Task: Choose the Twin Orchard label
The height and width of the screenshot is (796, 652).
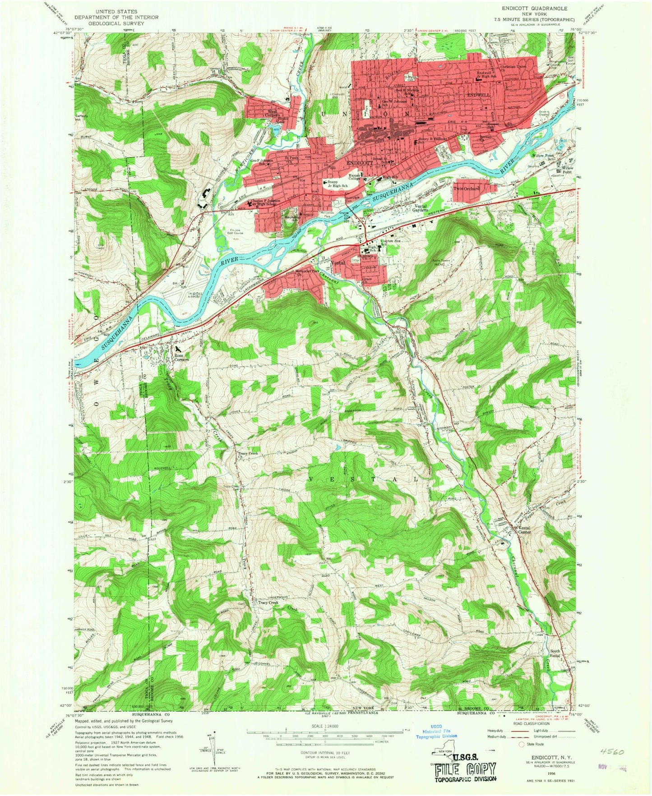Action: [466, 189]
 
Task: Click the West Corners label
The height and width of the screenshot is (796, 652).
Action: [273, 113]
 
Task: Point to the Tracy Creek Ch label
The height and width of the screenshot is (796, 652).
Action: [248, 455]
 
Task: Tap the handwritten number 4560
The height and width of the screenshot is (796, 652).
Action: [612, 752]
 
